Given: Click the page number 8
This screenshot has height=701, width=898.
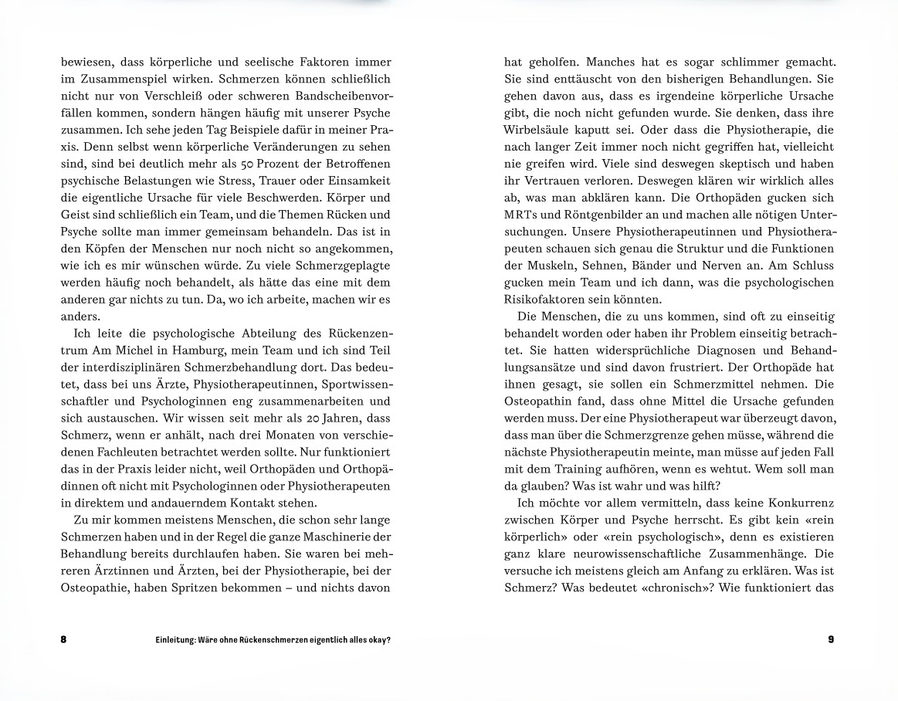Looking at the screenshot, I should click(63, 639).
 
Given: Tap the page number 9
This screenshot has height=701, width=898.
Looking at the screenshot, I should click(831, 639).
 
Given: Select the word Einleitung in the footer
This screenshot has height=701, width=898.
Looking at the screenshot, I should click(176, 639).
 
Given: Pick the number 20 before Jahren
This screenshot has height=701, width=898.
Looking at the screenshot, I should click(299, 418).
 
